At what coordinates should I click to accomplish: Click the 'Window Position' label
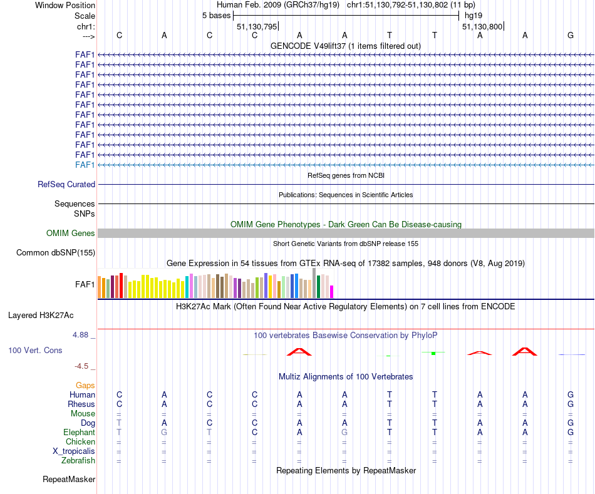pos(65,5)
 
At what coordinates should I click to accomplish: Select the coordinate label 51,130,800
pos(482,26)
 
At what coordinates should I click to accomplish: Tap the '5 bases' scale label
pos(216,16)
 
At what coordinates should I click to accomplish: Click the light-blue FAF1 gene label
pos(85,165)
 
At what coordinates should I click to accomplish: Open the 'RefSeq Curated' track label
pos(66,185)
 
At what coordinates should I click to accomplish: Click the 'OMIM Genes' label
pos(71,234)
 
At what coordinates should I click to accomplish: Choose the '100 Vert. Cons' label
pos(35,351)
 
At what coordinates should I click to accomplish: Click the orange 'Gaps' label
pos(85,386)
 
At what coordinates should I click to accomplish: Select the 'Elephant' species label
pos(79,433)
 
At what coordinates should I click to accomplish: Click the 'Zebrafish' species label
pos(78,461)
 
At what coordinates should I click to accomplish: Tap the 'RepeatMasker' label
pos(69,480)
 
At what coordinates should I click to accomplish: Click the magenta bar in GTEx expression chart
pos(332,291)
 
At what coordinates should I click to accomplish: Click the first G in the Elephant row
pos(164,433)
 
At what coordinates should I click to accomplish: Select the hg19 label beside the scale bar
pos(473,16)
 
